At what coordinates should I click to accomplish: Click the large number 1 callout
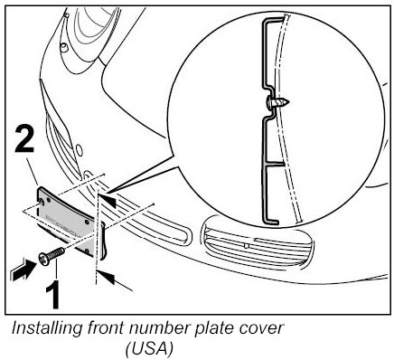(53, 294)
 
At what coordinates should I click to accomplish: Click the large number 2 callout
(24, 139)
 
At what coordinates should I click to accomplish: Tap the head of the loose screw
(44, 259)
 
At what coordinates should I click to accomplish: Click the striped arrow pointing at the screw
(23, 270)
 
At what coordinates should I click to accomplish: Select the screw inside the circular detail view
(278, 102)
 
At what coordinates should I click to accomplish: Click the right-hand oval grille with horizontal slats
(258, 242)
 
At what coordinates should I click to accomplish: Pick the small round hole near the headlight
(79, 150)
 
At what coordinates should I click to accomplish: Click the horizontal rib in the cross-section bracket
(275, 165)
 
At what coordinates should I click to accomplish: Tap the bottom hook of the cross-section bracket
(270, 221)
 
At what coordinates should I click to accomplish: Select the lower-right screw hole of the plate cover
(88, 250)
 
